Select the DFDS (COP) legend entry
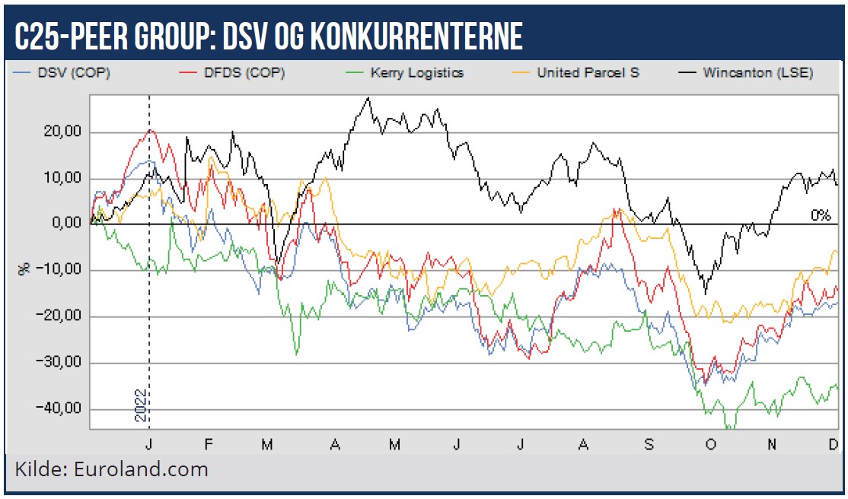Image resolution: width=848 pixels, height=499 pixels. [240, 73]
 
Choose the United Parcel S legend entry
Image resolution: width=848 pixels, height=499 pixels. [588, 73]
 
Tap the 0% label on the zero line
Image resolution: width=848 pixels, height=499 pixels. [820, 216]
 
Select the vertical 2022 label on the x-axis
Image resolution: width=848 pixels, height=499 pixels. [140, 406]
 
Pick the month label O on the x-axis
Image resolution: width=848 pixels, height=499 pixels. [710, 443]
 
